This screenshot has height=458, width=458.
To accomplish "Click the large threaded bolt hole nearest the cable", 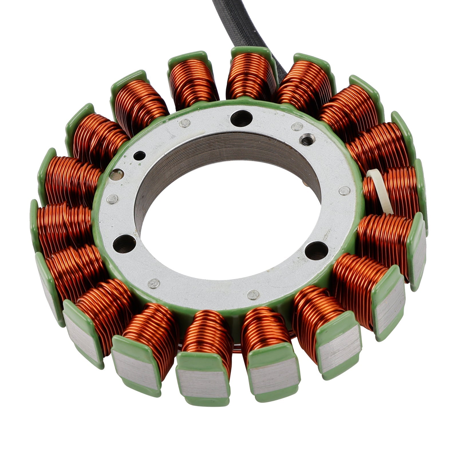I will (x=241, y=118).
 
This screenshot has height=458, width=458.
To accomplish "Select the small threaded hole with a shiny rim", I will (x=307, y=139).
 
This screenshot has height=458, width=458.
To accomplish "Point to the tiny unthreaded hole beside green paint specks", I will (x=140, y=156).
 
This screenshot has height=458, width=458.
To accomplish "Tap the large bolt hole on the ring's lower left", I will (x=124, y=243).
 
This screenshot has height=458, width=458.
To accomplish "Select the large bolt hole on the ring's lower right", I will (x=316, y=250).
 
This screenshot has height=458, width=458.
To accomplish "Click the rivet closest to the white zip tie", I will (x=344, y=190).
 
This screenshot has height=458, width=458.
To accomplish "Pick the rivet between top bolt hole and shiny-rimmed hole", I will (x=297, y=126).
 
